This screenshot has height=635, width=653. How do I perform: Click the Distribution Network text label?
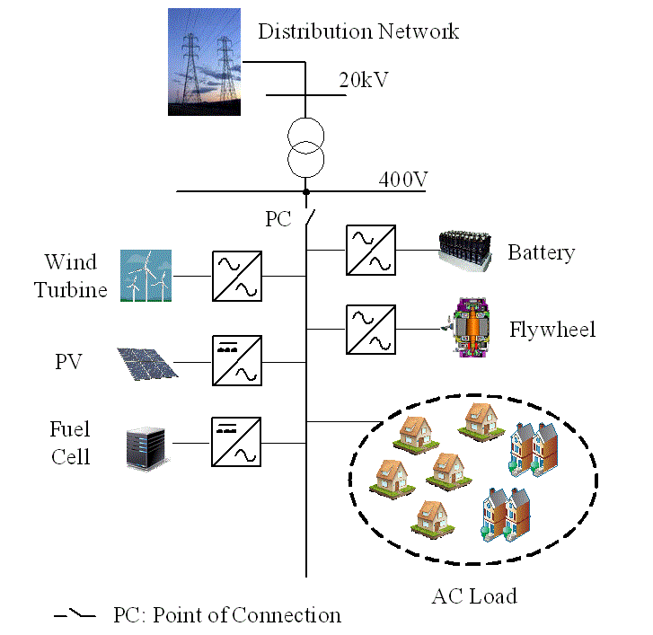pos(358,31)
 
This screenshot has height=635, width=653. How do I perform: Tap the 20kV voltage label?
pos(363,80)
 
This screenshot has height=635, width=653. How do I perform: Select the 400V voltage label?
pos(402,179)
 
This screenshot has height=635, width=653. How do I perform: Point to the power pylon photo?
pos(205,62)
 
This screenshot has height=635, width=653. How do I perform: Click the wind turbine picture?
pos(146,275)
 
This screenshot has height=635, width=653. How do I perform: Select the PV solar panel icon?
pos(146,362)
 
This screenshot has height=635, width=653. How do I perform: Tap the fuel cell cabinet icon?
pos(146,443)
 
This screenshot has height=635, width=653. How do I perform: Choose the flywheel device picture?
pos(467,330)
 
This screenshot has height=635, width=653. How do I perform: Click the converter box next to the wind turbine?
pos(237,275)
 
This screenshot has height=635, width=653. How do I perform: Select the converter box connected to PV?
pos(237,362)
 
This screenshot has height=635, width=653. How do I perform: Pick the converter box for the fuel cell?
pos(237,442)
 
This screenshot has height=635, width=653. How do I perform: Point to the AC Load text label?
pos(473,595)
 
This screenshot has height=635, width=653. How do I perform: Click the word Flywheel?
pos(552,330)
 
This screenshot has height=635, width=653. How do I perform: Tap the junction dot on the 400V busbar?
pos(306,191)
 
